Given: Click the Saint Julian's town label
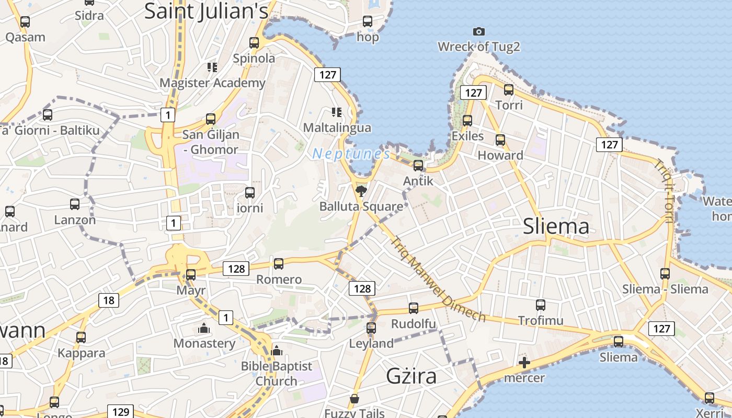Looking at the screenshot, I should pos(206,11).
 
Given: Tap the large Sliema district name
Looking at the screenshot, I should pos(556,226).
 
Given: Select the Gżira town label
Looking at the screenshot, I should pos(411,376).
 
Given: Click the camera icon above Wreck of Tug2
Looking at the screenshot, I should pos(478,32).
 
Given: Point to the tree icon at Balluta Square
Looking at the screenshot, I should pos(361,191).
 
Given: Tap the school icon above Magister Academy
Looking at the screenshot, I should pos(212,67).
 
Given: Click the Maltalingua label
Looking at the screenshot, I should pos(337,127).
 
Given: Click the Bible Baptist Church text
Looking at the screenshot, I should pos(277,373).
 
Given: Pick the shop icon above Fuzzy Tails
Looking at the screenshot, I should pos(354,399).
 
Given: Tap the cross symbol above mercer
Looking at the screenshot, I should pos(524,363).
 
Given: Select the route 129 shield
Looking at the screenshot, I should pos(121,412).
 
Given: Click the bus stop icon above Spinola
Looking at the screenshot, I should pos(254,43).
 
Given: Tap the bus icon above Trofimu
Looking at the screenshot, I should pos(541,305).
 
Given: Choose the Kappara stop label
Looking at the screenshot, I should pos(81,353).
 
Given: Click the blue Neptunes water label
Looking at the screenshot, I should pos(351,154).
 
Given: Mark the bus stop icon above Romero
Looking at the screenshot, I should pos(279,264).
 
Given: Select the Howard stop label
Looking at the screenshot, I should pos(500,155).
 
